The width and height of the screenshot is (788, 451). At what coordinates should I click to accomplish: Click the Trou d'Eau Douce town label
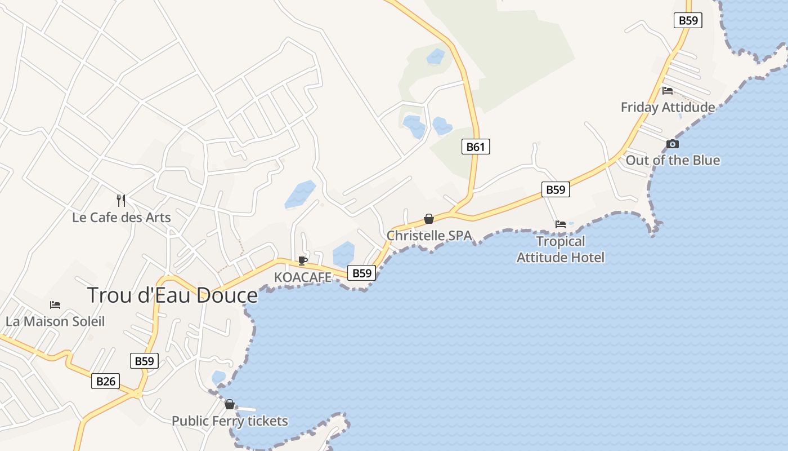(x=172, y=295)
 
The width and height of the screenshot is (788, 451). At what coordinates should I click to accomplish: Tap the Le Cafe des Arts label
(x=122, y=217)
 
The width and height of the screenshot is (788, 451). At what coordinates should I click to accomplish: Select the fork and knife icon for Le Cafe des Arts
(x=121, y=200)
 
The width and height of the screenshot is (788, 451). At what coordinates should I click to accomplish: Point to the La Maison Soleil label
(x=55, y=321)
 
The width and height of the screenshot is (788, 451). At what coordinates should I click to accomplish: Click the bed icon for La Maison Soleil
(x=55, y=305)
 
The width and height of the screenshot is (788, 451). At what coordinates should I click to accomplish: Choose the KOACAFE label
(x=303, y=277)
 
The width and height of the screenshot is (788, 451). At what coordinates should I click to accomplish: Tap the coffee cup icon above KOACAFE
(x=303, y=260)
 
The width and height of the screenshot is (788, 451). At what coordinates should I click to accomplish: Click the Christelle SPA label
(x=429, y=235)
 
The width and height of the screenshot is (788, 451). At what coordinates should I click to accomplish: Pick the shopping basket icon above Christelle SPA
(x=429, y=219)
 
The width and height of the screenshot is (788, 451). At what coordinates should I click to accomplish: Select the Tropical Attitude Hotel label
(x=561, y=249)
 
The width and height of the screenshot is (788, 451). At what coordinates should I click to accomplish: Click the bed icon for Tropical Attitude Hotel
(x=561, y=224)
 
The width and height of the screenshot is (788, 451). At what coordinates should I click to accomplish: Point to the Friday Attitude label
(x=668, y=107)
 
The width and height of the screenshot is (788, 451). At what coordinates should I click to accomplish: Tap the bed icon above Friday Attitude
(x=668, y=90)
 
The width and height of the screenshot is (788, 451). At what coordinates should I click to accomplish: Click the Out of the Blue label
(x=673, y=160)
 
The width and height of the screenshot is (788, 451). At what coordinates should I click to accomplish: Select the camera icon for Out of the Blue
(x=673, y=144)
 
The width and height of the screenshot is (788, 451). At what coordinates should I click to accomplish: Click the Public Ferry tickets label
(x=230, y=421)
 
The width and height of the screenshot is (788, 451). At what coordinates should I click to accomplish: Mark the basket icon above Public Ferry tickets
(x=230, y=404)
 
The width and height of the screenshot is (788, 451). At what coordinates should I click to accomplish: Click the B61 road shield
(x=476, y=147)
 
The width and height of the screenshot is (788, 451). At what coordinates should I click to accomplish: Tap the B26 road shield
(x=106, y=382)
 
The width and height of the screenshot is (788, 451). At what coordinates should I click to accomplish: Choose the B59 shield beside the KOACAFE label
(x=361, y=273)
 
